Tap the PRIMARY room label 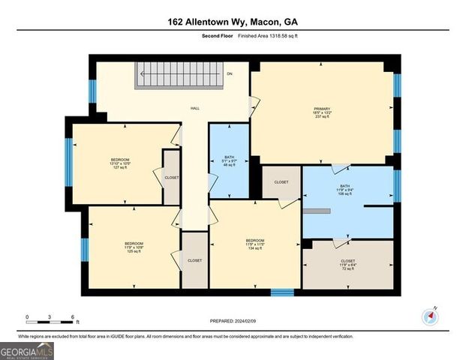click(322, 113)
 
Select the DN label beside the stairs click(230, 73)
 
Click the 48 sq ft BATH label click(229, 160)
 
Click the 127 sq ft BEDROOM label click(120, 163)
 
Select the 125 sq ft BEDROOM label click(134, 247)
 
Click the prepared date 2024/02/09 click(233, 320)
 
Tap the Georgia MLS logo click(27, 349)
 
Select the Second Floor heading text click(218, 36)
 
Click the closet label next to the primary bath click(281, 182)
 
